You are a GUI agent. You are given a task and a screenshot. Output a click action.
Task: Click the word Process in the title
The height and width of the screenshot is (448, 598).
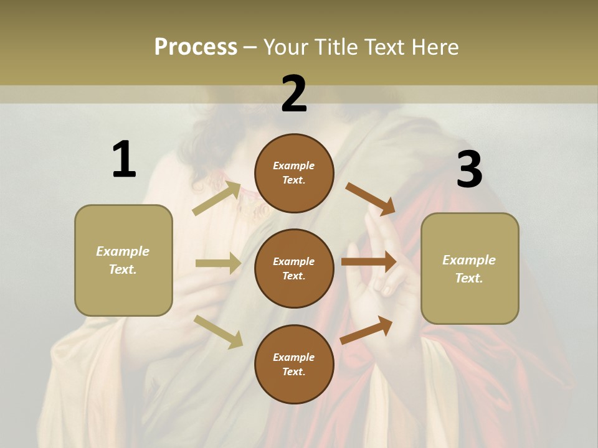(x=196, y=47)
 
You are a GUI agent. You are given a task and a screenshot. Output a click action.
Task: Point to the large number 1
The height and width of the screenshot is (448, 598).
(x=124, y=159)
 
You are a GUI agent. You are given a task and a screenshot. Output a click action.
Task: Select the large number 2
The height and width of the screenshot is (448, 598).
(x=294, y=93)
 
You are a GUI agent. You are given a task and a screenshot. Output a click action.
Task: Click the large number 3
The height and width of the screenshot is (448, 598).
(x=469, y=169)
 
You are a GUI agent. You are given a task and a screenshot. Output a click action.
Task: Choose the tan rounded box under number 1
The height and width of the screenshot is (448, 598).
(x=123, y=260)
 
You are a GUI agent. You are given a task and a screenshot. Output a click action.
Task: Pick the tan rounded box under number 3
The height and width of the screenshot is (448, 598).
(x=470, y=268)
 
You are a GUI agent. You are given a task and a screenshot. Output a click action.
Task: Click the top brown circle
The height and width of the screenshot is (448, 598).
(x=294, y=173)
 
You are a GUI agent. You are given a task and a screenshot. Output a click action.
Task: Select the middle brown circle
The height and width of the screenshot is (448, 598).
(x=294, y=268)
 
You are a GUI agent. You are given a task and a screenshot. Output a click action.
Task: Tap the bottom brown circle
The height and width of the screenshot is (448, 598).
(x=294, y=364)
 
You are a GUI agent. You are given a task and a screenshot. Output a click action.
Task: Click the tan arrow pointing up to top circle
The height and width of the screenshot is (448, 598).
(x=217, y=198)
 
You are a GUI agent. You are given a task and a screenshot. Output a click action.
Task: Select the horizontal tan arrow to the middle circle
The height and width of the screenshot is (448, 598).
(x=218, y=263)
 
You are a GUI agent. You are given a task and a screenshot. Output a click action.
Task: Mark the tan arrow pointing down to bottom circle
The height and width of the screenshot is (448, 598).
(x=219, y=331)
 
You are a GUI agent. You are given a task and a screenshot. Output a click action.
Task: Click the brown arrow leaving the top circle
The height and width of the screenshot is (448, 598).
(x=370, y=198)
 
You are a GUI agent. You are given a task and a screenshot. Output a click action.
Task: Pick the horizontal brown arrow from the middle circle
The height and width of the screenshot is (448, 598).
(x=369, y=262)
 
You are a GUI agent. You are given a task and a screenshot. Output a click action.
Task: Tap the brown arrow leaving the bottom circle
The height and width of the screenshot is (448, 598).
(x=366, y=330)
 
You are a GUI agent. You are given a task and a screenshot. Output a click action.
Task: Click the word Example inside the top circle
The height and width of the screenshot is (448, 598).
(x=294, y=166)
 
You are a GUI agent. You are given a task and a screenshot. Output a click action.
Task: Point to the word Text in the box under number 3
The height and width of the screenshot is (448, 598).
(x=468, y=278)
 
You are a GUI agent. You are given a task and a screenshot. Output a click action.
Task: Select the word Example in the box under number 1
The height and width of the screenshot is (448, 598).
(x=123, y=251)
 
